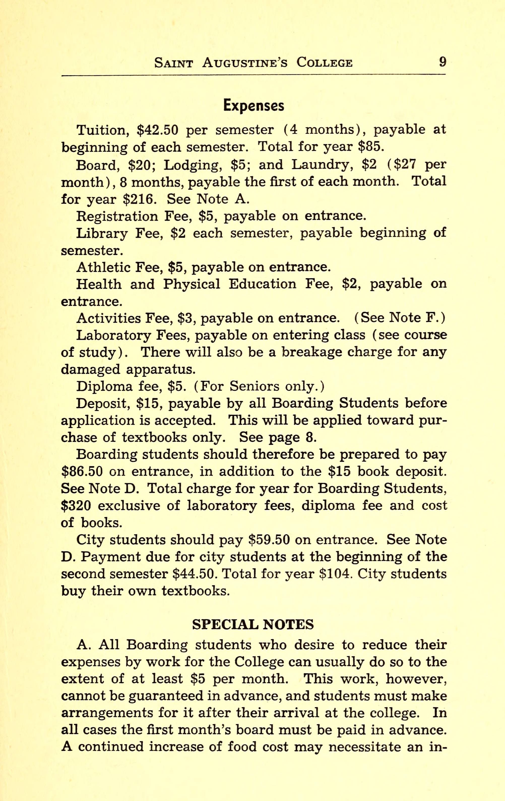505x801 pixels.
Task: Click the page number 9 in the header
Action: tap(442, 62)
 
